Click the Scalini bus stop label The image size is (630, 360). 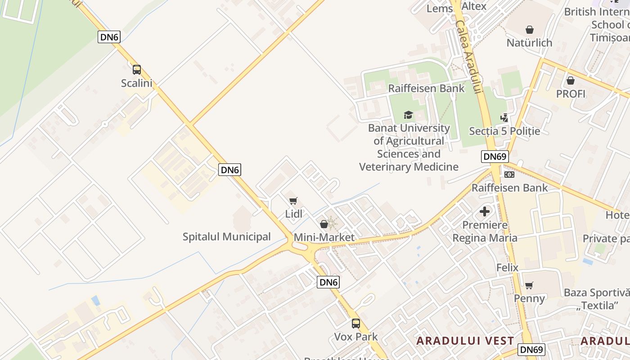[137, 83]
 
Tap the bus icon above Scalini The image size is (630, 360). [137, 70]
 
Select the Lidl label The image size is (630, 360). [294, 214]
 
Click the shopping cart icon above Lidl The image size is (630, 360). [293, 201]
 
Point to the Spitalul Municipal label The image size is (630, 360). [227, 237]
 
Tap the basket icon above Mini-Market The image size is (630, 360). [324, 224]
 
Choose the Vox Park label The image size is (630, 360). [356, 337]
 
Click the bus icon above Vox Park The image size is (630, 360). [356, 323]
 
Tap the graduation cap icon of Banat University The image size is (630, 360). [408, 115]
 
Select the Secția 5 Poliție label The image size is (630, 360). [504, 131]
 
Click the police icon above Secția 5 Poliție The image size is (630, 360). [504, 118]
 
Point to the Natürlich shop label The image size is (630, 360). [530, 43]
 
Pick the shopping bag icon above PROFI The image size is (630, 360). [571, 81]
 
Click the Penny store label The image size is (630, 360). [530, 298]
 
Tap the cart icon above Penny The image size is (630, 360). [529, 285]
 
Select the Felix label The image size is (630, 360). [507, 268]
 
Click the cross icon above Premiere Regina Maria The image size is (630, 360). [485, 211]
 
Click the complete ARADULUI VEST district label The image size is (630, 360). [465, 341]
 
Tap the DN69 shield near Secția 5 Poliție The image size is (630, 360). [495, 157]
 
